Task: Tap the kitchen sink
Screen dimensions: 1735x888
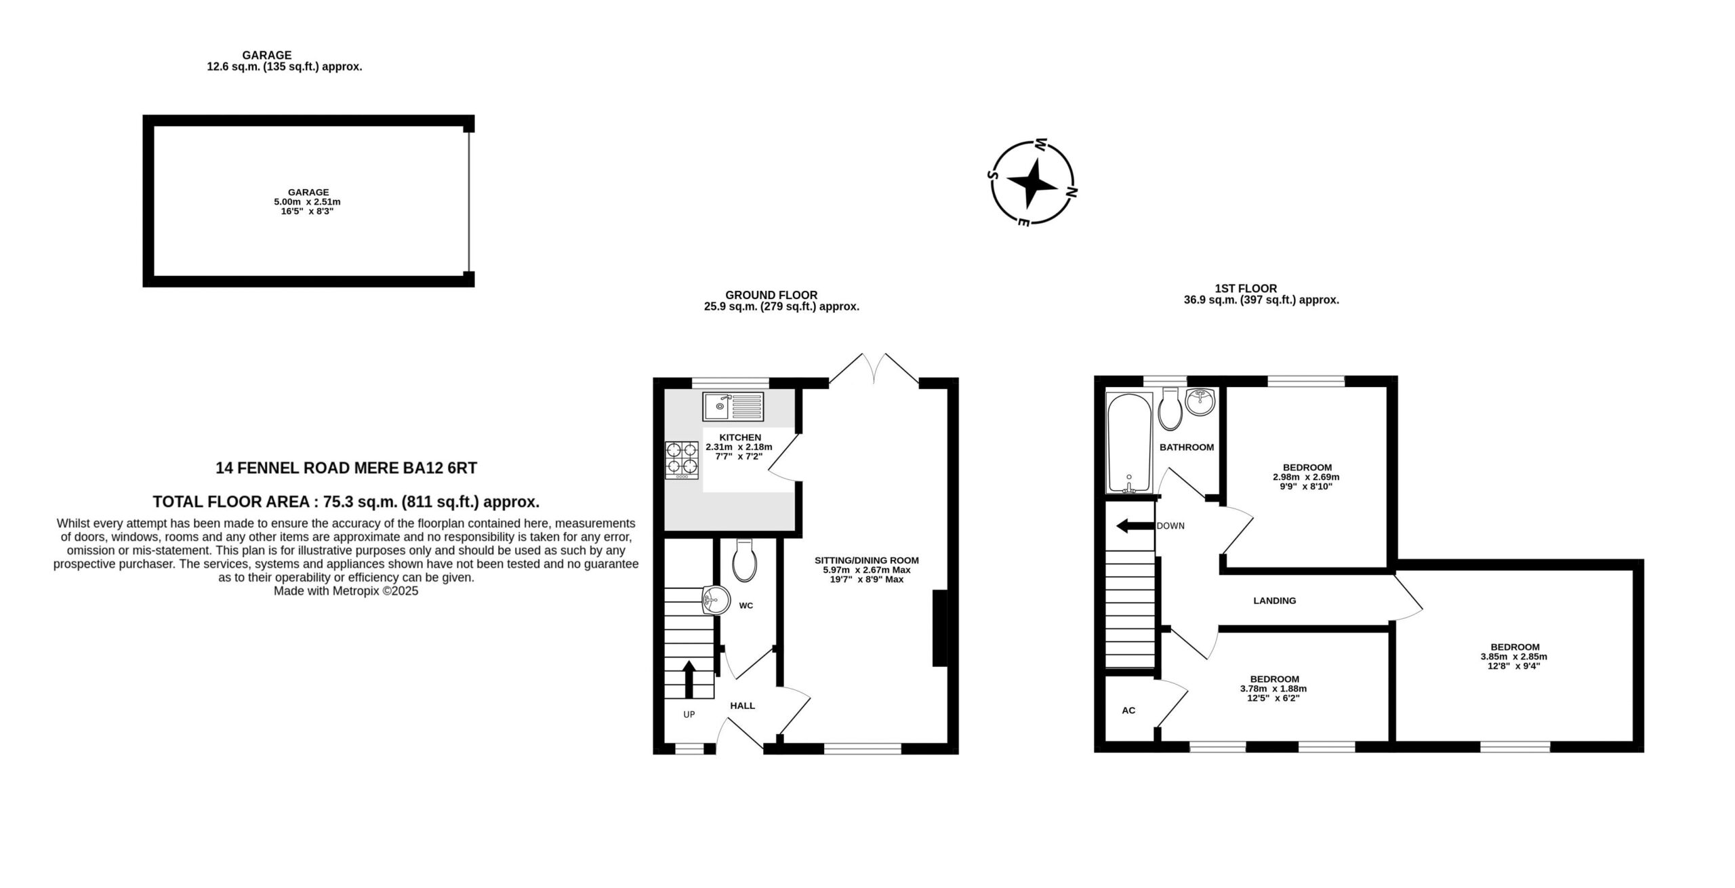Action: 733,407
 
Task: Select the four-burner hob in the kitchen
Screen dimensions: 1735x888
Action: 682,460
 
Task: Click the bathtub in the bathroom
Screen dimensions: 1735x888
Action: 1128,443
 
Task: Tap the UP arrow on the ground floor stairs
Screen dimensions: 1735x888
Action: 689,679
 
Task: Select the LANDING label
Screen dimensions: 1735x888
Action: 1274,601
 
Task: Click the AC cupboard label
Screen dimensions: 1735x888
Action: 1128,710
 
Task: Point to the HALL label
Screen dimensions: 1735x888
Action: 742,706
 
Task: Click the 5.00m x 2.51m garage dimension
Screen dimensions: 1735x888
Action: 308,201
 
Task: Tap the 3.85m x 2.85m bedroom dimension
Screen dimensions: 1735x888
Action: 1513,656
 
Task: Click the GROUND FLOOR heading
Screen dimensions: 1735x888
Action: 771,295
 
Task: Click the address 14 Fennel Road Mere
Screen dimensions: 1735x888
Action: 346,468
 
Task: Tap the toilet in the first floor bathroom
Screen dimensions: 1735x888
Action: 1170,408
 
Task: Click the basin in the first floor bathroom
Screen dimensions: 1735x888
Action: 1201,403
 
